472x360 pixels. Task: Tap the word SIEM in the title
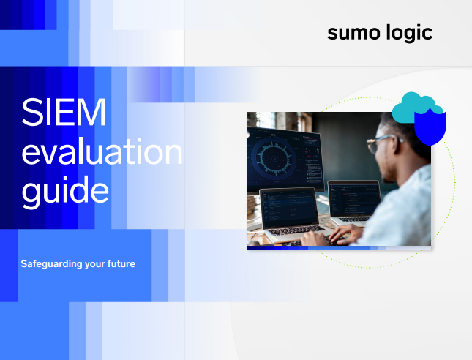[x=64, y=116]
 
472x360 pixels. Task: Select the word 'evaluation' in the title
[x=101, y=153]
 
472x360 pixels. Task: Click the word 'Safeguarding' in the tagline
[x=51, y=263]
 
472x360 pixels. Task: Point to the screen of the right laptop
[x=353, y=198]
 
